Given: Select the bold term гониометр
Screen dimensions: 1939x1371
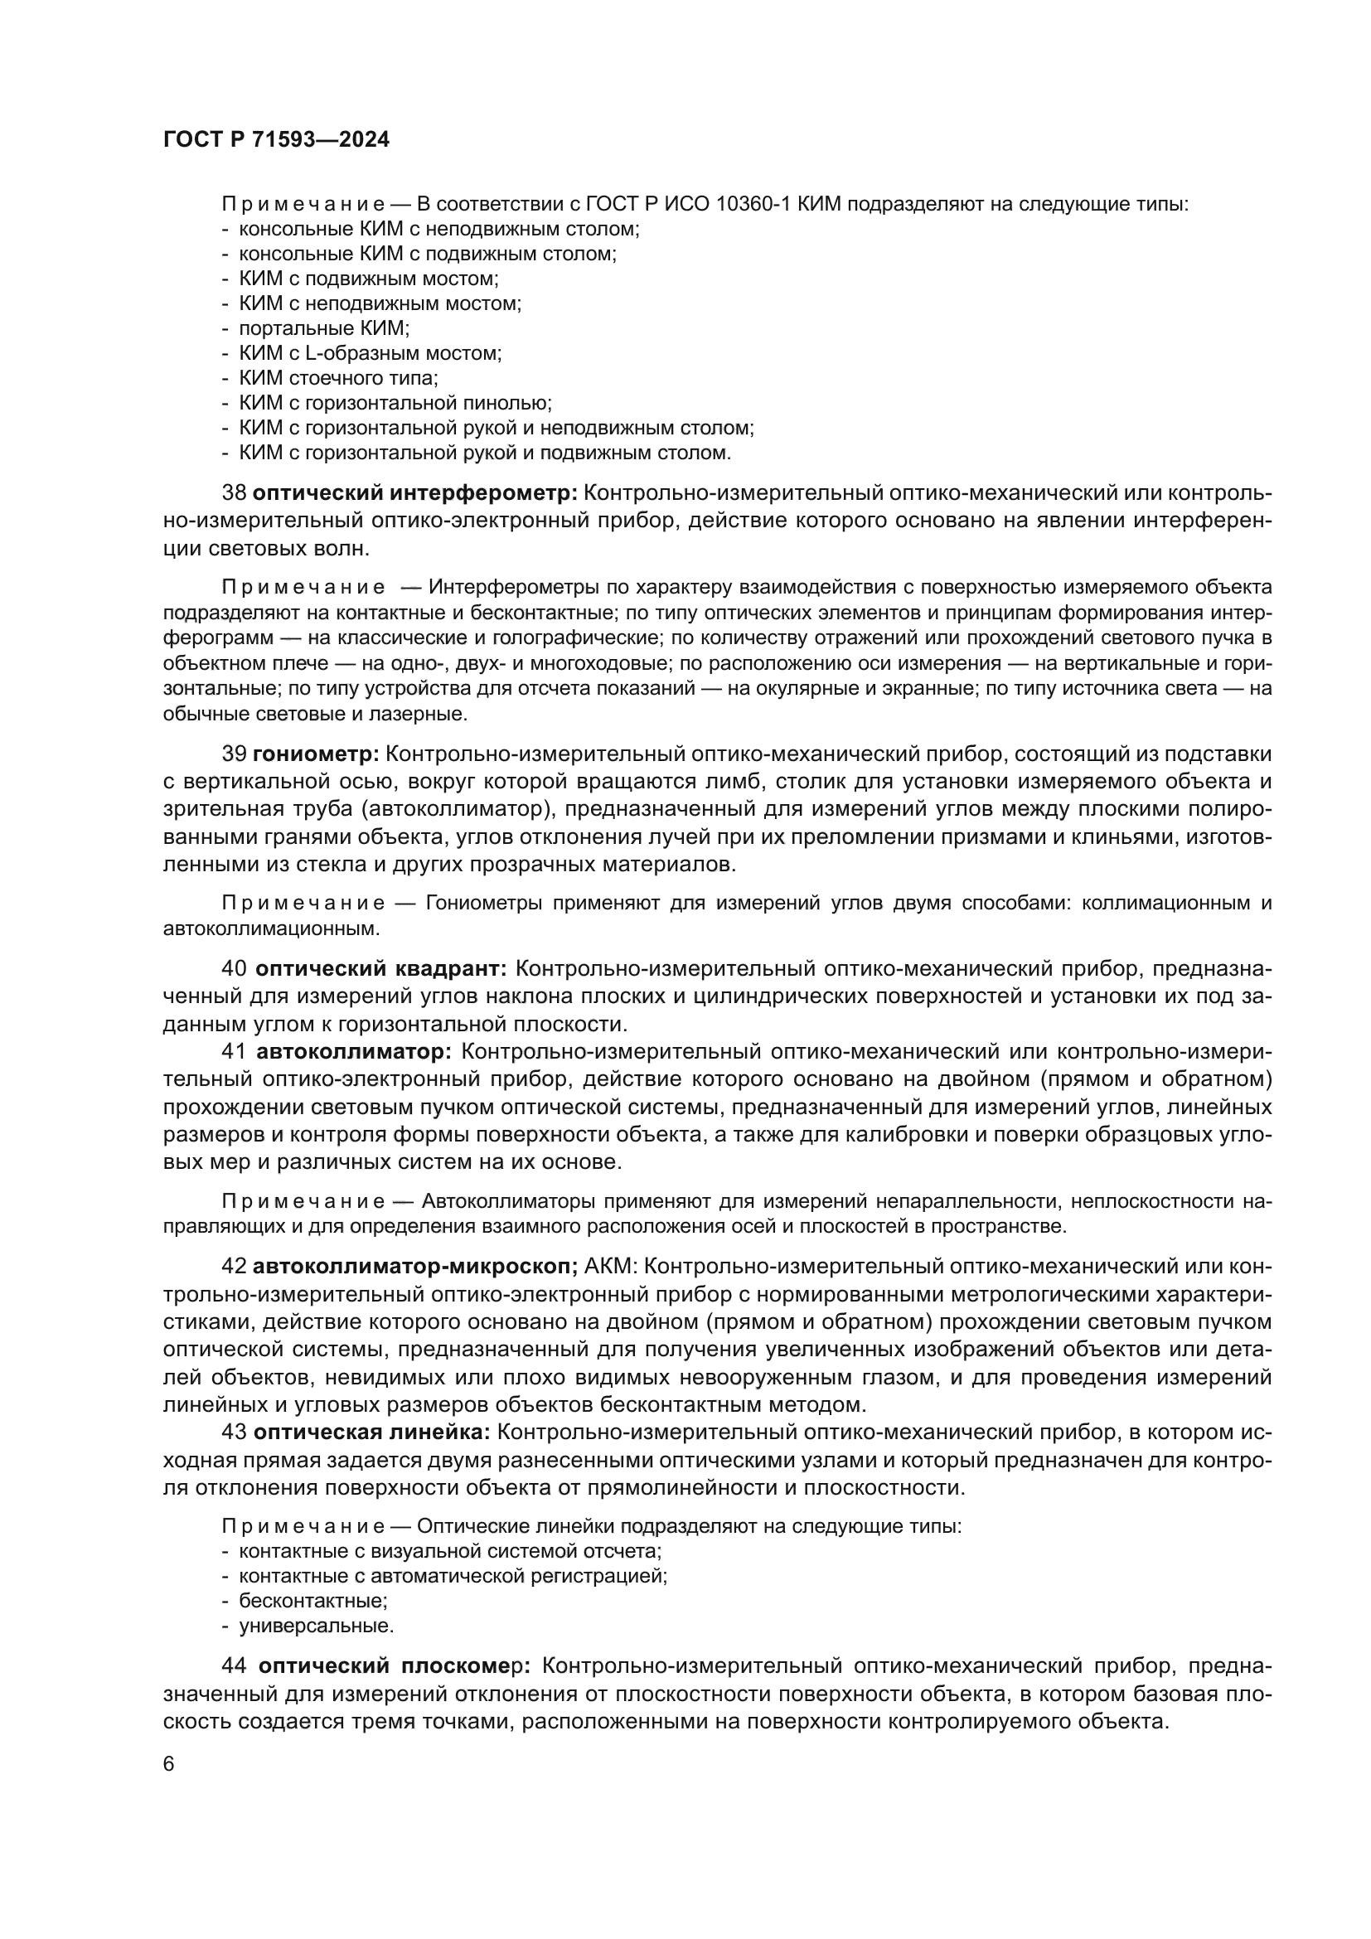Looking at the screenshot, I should pyautogui.click(x=316, y=754).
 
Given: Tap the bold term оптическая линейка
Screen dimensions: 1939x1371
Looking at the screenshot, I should pyautogui.click(x=371, y=1432).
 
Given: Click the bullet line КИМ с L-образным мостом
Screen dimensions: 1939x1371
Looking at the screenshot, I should pyautogui.click(x=370, y=354).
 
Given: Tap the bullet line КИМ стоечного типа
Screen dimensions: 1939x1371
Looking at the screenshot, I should pyautogui.click(x=338, y=378).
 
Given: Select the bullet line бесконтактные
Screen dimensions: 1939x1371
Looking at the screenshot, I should pyautogui.click(x=313, y=1600).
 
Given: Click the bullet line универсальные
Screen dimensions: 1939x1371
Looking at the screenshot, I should pyautogui.click(x=317, y=1625).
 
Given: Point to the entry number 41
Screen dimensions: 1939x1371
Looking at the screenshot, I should pyautogui.click(x=233, y=1051).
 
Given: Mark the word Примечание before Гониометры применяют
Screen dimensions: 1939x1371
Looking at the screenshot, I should pyautogui.click(x=304, y=904).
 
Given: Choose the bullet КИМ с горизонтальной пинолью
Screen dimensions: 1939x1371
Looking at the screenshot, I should pyautogui.click(x=395, y=404).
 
